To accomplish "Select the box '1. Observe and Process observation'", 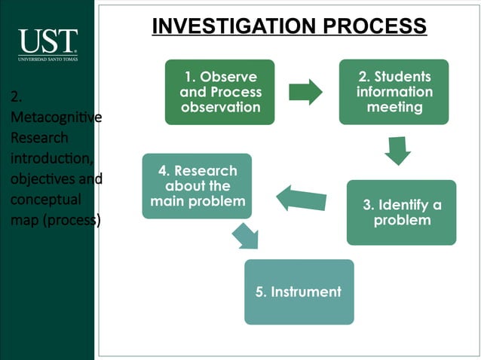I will click(x=220, y=92).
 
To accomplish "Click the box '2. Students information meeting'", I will click(x=394, y=92).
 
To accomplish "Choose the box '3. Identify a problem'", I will click(x=401, y=212).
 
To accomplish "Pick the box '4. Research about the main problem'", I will click(x=197, y=186).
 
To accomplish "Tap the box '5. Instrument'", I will click(x=299, y=291).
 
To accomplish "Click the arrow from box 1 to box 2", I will click(x=305, y=92).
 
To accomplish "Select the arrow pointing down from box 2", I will click(x=397, y=150).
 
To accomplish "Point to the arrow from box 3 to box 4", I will click(x=302, y=199).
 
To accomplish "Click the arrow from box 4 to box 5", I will click(x=247, y=235).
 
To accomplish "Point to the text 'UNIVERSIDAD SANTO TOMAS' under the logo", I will click(x=47, y=58).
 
